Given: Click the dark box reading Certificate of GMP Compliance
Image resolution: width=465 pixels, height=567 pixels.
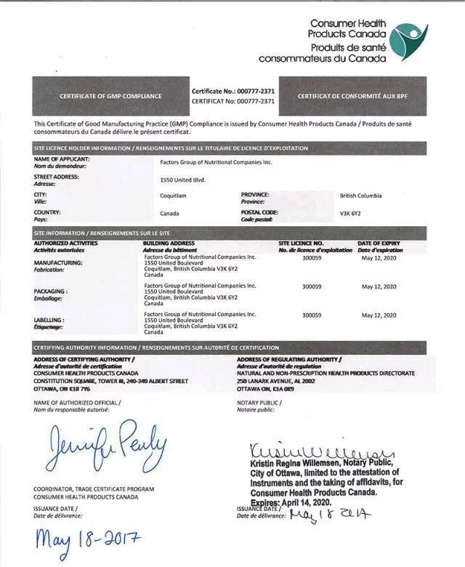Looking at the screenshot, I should coord(110,96).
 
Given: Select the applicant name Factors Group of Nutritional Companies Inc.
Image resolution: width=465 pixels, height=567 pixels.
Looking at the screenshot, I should coord(216,162).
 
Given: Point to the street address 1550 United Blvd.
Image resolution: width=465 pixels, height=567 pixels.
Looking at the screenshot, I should coord(182,180).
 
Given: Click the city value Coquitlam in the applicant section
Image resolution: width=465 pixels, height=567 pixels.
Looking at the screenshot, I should coord(173,196).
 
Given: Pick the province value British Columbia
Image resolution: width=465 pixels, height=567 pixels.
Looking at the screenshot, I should coord(361,196).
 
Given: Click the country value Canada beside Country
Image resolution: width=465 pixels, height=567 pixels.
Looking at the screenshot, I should coord(170,214).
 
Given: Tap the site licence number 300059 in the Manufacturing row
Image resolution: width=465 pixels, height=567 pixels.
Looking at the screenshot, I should coord(312,257).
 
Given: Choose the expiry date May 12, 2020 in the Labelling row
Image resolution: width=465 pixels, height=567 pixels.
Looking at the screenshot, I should coord(379,315).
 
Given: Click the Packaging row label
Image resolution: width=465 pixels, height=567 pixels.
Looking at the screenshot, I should coord(50,291).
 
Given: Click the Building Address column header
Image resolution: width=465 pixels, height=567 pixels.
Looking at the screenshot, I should coord(169,243).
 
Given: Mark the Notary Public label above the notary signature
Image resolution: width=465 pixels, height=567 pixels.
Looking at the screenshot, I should coord(259,402).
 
